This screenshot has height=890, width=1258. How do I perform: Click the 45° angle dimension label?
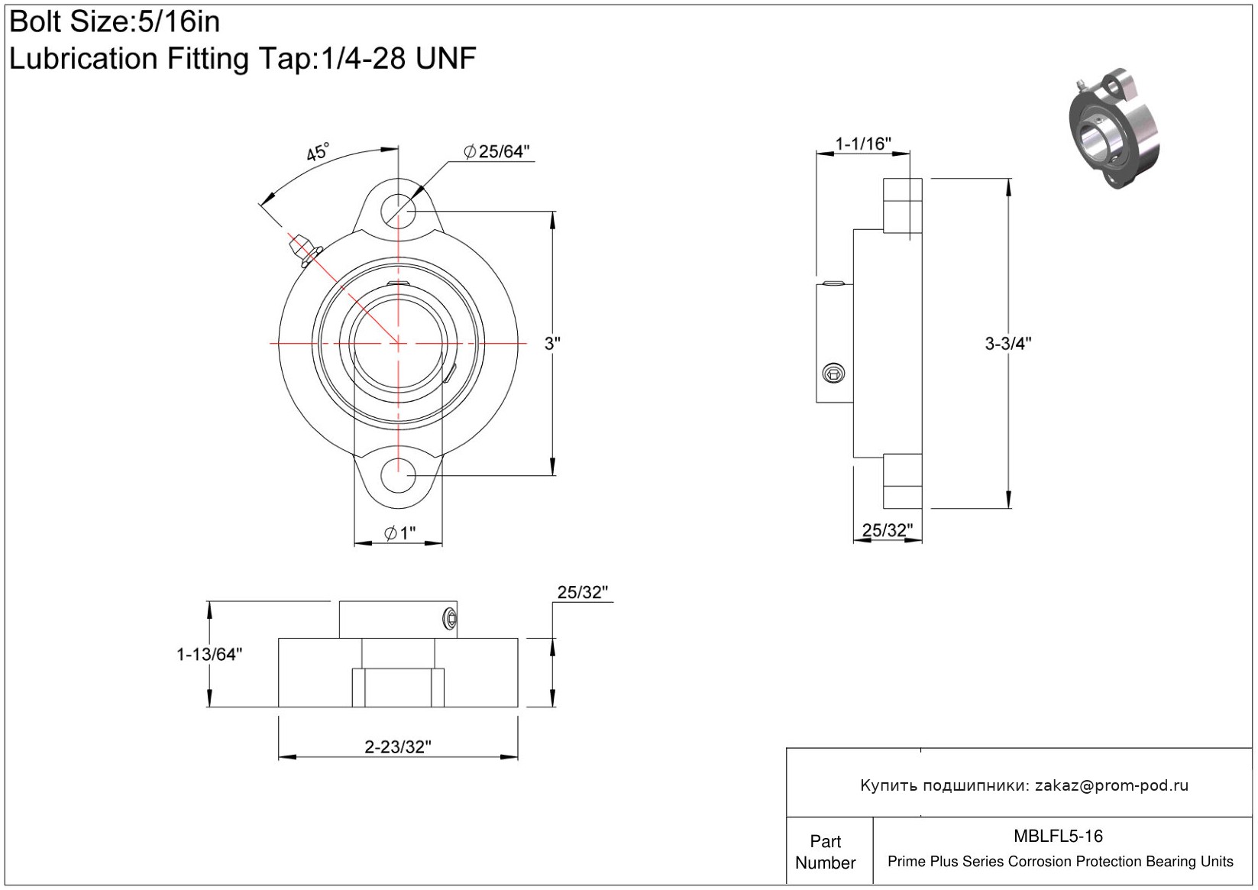pos(318,152)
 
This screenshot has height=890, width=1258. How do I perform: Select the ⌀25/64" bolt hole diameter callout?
pos(496,151)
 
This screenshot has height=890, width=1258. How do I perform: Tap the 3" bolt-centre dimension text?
pos(552,343)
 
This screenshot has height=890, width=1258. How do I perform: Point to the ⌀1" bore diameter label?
pos(400,532)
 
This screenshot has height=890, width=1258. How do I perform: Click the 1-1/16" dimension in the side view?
pos(863,144)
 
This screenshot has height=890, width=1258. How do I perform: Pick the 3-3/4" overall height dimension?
pos(1008,343)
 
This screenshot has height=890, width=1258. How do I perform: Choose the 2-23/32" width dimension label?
pos(398,746)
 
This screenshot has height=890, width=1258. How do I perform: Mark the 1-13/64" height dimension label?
pos(209,654)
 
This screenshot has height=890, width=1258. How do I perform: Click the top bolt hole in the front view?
pos(398,212)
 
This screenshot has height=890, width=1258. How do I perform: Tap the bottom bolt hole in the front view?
pos(398,475)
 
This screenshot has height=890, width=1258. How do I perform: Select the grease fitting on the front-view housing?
pos(304,250)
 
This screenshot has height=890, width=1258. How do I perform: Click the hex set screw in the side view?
pos(833,373)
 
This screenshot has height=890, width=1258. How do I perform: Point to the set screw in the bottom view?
pos(450,619)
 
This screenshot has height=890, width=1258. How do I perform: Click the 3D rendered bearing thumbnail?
pos(1114,128)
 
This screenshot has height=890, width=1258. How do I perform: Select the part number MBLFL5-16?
pos(1058,836)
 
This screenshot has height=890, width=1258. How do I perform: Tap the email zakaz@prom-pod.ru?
pos(1111,785)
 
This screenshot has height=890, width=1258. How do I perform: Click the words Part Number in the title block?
pos(825,852)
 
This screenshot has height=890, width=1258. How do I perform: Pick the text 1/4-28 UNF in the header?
pos(399,58)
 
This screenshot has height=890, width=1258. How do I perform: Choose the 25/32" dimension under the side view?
pos(888,530)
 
